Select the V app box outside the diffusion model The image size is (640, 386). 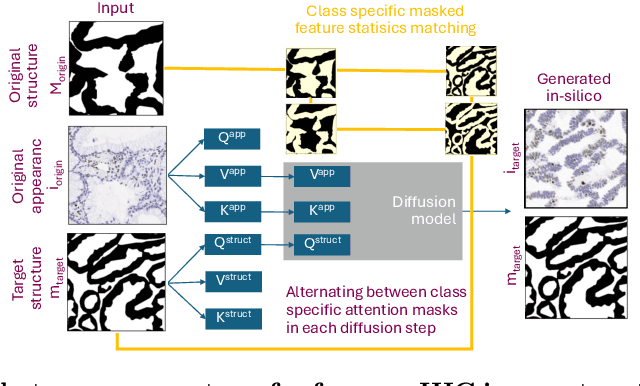[230, 176]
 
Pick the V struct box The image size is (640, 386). [230, 281]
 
